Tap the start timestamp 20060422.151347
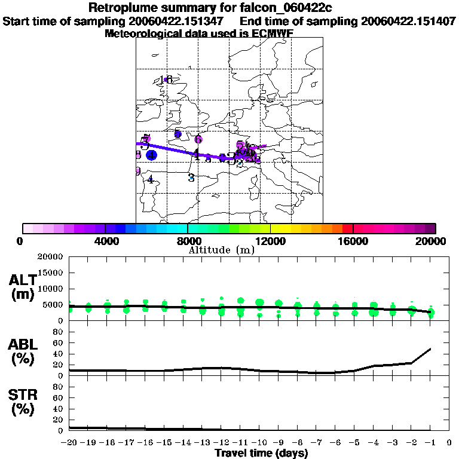tap(180, 21)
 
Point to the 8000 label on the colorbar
tap(187, 241)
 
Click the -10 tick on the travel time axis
tap(258, 442)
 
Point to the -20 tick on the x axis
tap(69, 442)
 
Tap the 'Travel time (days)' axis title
tap(261, 453)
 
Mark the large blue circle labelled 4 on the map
tap(152, 155)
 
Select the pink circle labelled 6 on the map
tap(198, 139)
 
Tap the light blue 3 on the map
tap(191, 178)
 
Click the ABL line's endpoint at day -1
tap(430, 348)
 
